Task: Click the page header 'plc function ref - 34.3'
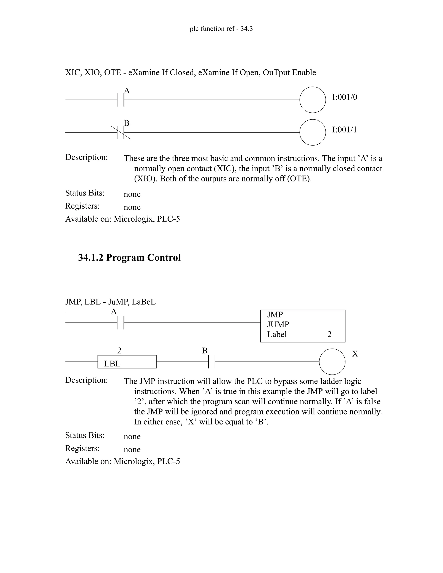pos(221,29)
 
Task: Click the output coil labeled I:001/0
pos(312,100)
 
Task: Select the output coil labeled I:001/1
pos(312,132)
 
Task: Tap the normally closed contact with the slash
pos(120,132)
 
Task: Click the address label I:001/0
pos(344,97)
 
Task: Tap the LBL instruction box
pos(127,362)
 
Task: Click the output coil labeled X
pos(332,362)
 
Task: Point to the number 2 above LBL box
pos(119,351)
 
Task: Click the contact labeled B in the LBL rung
pos(212,362)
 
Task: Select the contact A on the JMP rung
pos(120,322)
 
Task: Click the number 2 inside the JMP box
pos(329,334)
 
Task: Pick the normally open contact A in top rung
pos(120,100)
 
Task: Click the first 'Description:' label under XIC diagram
pos(86,157)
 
